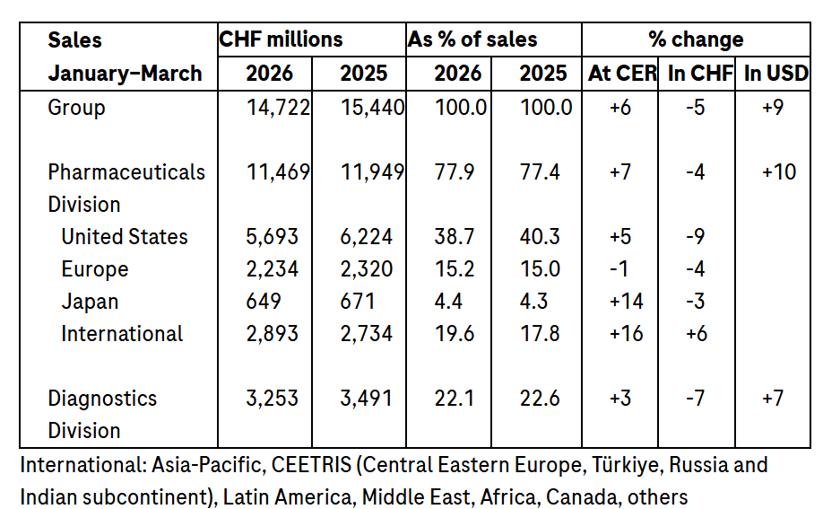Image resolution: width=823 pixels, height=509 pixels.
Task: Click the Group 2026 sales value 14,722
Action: (x=278, y=108)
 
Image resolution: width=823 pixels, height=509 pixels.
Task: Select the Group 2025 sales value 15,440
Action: (x=372, y=108)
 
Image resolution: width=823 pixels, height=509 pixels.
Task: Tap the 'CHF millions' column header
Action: (x=281, y=39)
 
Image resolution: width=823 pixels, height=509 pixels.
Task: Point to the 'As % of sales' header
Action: (x=472, y=39)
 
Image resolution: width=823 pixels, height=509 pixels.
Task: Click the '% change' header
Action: (x=696, y=39)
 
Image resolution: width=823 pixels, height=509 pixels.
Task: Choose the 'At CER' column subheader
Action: (x=622, y=74)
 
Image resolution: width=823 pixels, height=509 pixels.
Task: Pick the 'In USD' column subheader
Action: (x=775, y=74)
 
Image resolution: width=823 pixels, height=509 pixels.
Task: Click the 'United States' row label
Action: (x=125, y=237)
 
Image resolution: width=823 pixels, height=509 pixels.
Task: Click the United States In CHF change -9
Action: (x=697, y=237)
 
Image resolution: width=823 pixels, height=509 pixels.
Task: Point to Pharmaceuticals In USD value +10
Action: (x=778, y=171)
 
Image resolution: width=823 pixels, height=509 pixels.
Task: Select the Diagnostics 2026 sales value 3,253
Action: (x=273, y=399)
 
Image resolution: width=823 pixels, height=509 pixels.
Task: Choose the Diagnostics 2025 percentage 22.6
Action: (x=541, y=399)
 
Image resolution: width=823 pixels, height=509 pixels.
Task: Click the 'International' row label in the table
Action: (x=122, y=334)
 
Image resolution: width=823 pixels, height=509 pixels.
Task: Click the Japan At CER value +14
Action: (x=625, y=302)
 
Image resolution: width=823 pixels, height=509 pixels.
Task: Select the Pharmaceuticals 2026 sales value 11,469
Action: (x=278, y=171)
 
